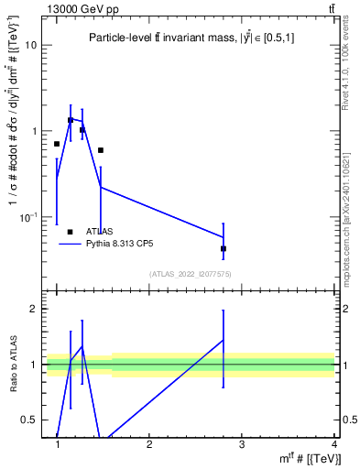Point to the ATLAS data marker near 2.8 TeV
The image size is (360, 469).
[224, 248]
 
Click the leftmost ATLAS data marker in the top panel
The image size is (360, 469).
[57, 144]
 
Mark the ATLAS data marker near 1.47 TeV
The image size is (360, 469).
[101, 150]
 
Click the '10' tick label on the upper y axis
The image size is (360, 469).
[30, 45]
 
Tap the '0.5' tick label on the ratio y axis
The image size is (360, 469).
[28, 420]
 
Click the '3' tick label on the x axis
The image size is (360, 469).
[242, 444]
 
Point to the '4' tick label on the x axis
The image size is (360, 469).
[333, 444]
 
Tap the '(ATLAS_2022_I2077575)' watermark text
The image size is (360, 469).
[191, 274]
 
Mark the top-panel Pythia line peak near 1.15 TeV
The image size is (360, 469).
[71, 119]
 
